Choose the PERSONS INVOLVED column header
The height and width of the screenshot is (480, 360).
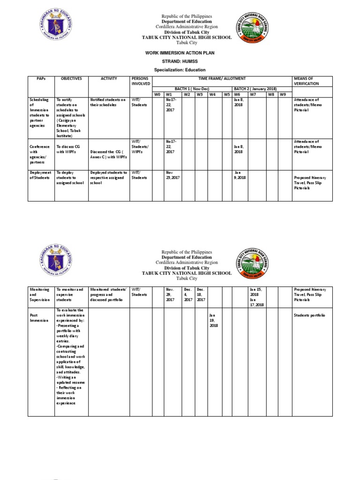(141, 81)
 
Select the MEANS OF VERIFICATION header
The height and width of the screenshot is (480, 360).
(306, 81)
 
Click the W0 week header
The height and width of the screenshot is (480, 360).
(157, 94)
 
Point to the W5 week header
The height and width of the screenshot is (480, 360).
(226, 94)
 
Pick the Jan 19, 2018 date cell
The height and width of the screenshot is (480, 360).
(213, 320)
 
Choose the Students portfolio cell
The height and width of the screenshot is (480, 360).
(309, 315)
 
